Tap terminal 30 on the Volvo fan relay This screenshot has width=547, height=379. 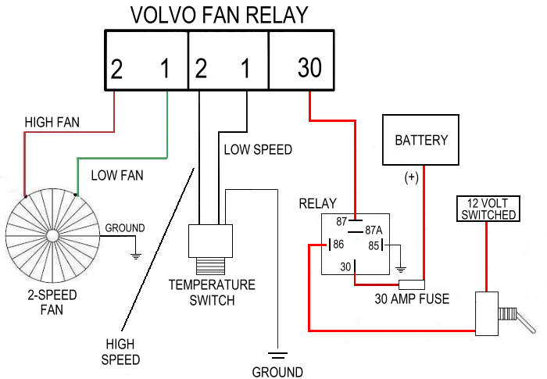pyautogui.click(x=309, y=69)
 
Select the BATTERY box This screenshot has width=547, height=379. pyautogui.click(x=421, y=141)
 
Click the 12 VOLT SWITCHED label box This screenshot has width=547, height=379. pyautogui.click(x=487, y=209)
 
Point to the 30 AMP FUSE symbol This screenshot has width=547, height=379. pyautogui.click(x=411, y=284)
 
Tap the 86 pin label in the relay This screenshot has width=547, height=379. pyautogui.click(x=338, y=245)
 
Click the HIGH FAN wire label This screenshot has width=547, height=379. pyautogui.click(x=52, y=123)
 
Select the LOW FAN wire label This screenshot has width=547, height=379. pyautogui.click(x=117, y=175)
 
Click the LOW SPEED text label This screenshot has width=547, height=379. pyautogui.click(x=258, y=148)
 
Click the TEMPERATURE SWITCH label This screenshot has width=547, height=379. pyautogui.click(x=212, y=291)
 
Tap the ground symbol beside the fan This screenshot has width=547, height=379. pyautogui.click(x=136, y=255)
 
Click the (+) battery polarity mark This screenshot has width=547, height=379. pyautogui.click(x=412, y=177)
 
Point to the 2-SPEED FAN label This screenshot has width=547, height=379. pyautogui.click(x=52, y=302)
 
